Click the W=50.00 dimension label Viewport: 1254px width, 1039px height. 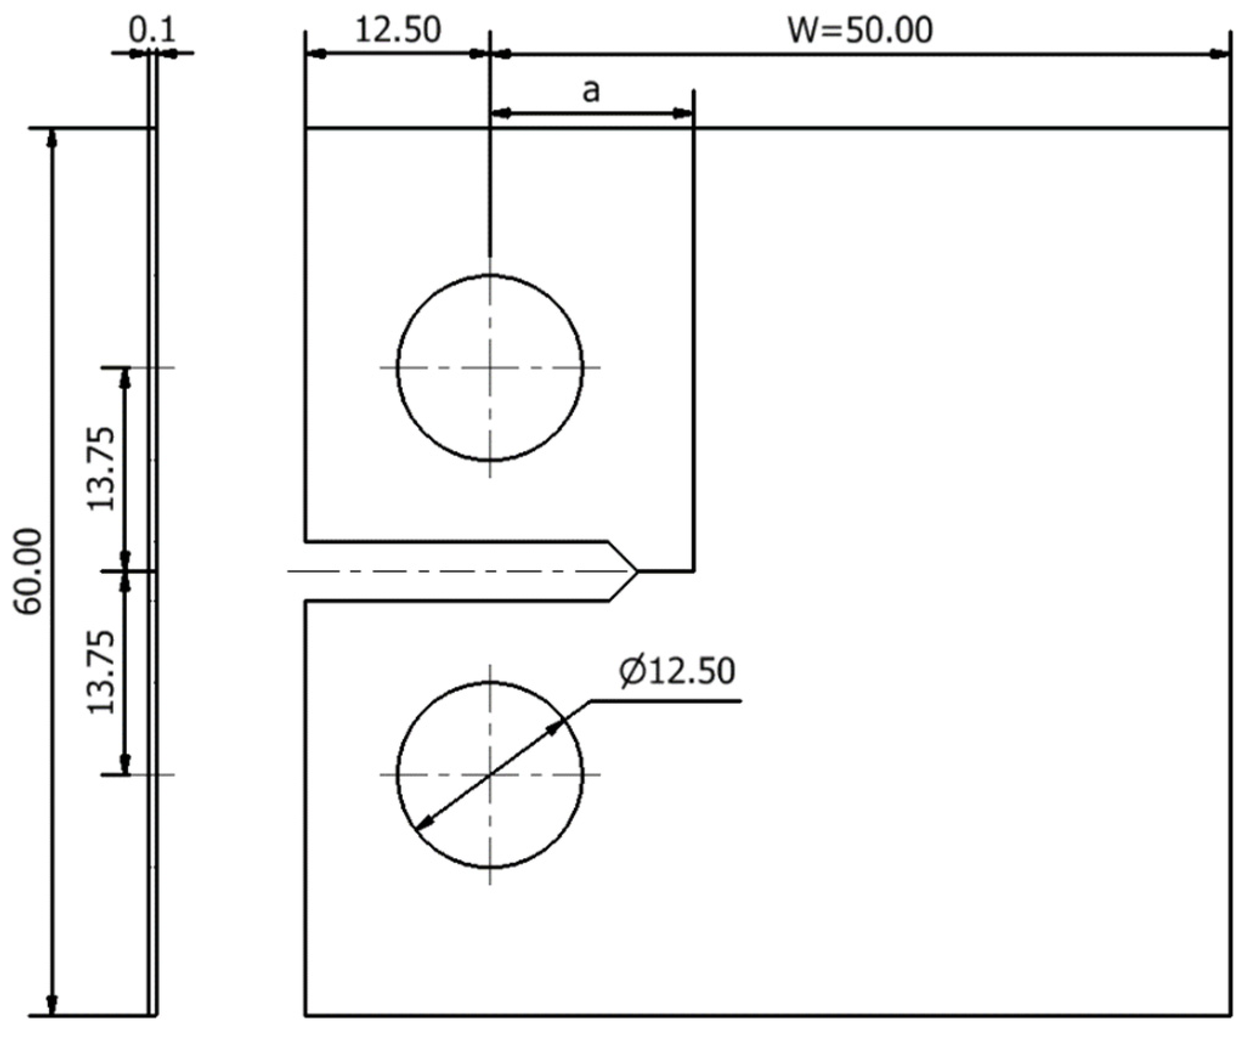coord(859,30)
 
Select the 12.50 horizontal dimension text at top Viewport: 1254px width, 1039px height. coord(398,30)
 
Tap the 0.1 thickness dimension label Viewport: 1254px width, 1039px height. coord(151,30)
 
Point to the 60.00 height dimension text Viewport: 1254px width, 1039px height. coord(29,571)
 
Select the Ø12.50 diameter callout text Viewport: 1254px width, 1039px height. coord(677,672)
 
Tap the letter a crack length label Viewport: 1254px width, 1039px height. coord(591,91)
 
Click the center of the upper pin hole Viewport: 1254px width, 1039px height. coord(490,367)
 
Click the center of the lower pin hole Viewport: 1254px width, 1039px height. coord(490,775)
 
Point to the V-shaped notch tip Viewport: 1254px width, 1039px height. coord(637,571)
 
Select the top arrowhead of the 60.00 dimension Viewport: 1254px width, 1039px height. coord(52,138)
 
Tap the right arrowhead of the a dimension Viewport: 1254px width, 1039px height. coord(683,112)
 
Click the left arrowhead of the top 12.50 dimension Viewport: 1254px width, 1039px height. coord(316,54)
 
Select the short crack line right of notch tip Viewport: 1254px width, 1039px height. coord(665,571)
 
